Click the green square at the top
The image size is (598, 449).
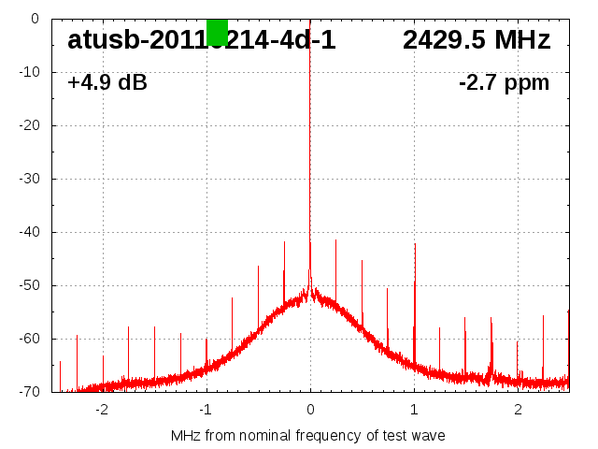217,32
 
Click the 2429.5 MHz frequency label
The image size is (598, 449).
477,40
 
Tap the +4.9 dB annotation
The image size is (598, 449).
107,83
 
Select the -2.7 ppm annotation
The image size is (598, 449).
504,83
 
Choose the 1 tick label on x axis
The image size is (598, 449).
414,410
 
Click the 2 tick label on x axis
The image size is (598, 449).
518,410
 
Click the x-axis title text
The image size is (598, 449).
308,436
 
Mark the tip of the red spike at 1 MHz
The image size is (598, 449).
415,244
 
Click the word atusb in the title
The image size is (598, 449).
102,40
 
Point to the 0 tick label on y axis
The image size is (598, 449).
34,19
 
